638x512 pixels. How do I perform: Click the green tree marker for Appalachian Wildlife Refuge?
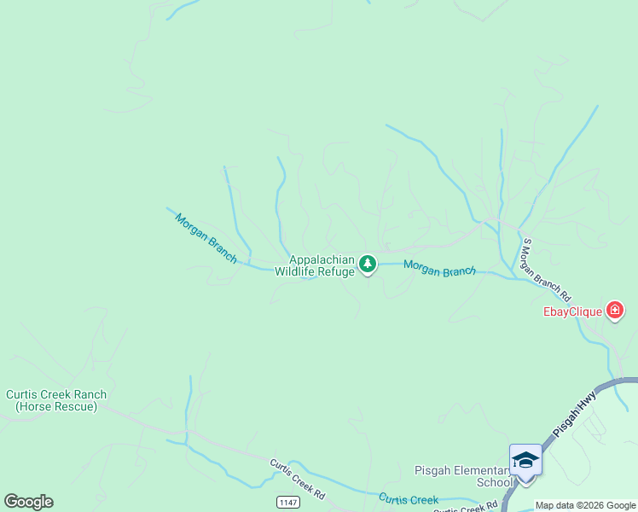point(368,265)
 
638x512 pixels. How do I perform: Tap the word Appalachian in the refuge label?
point(322,260)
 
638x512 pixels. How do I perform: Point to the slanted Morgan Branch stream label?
point(206,238)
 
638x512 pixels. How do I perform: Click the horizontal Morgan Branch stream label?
point(439,269)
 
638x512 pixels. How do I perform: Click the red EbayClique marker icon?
point(614,311)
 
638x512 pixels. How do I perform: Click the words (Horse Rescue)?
point(56,406)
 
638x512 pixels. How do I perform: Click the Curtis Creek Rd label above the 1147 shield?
point(299,480)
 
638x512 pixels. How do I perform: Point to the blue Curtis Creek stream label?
point(409,499)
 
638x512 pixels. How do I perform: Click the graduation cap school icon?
point(525,460)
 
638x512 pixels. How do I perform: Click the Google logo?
point(28,502)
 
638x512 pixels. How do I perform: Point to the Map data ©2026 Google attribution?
point(585,505)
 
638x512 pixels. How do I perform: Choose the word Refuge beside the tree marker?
point(337,272)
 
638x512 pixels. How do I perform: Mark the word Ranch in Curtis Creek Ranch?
point(90,394)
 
